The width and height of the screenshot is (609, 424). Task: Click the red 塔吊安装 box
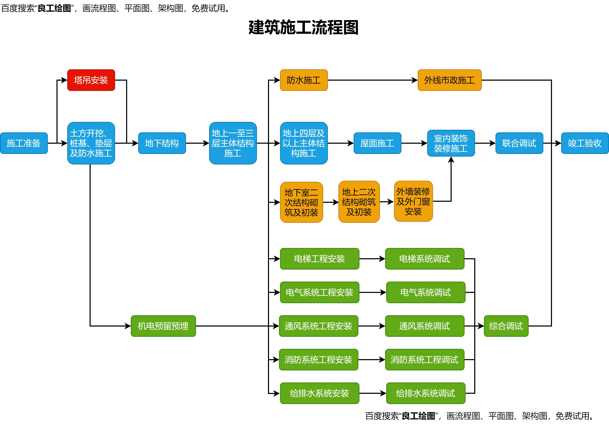pos(91,80)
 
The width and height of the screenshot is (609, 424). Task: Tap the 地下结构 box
pos(162,143)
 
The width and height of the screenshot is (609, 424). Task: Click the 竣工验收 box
pos(585,143)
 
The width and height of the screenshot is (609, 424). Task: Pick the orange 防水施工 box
pos(304,80)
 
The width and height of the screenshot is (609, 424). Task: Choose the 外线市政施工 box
pos(449,80)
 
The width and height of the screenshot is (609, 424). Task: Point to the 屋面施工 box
pos(377,143)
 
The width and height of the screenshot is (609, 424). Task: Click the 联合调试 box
pos(519,143)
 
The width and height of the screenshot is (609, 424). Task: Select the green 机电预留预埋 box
pos(163,326)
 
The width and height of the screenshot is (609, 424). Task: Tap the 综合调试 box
pos(506,326)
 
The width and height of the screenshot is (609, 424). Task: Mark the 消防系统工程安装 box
pos(318,360)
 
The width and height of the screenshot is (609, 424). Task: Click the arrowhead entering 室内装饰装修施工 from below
pos(451,160)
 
